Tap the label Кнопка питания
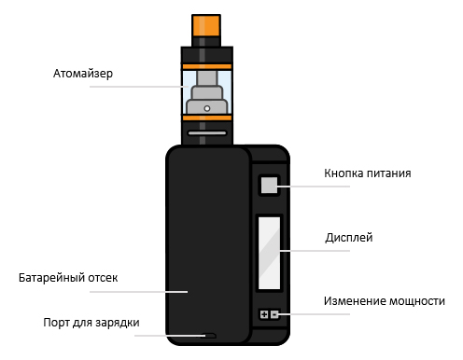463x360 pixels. [x=368, y=173]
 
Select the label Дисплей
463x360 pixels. [x=348, y=238]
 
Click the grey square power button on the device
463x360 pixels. [x=269, y=185]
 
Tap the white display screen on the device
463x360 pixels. [x=269, y=252]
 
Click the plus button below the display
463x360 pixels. [x=263, y=315]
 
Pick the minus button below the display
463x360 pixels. [x=274, y=315]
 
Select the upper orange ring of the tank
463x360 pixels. [x=207, y=65]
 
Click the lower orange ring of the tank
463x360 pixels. [x=207, y=118]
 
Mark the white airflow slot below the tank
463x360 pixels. [x=207, y=132]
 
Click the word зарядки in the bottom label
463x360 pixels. [x=118, y=324]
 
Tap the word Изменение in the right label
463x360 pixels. [x=353, y=301]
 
